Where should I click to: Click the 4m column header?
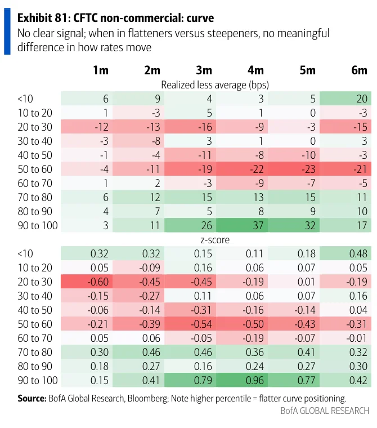coord(255,70)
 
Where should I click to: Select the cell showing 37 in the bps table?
coord(242,225)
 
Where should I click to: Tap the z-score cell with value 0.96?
coord(242,380)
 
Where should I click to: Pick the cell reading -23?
coord(294,169)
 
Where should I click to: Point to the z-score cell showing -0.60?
coord(87,282)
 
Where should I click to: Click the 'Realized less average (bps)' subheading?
coord(215,85)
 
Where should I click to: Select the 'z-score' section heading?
coord(215,240)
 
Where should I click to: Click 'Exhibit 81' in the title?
coord(42,18)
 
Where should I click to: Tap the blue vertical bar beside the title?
coord(7,32)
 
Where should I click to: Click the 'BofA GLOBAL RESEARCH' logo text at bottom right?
coord(325,411)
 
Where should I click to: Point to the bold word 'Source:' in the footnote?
coord(32,398)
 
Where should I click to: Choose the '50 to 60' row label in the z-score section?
coord(35,324)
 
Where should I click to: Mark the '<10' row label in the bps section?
coord(25,99)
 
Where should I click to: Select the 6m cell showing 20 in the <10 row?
coord(345,99)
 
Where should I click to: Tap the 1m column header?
coord(101,70)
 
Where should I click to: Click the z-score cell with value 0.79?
coord(190,380)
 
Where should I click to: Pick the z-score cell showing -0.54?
coord(190,324)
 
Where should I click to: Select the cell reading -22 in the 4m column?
coord(242,169)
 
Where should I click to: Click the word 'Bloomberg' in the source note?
coord(147,399)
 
